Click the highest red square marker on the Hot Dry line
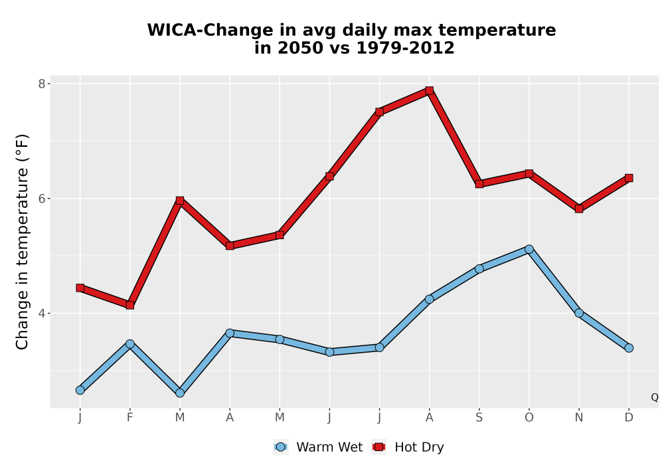tap(430, 90)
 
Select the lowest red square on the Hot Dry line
tap(130, 305)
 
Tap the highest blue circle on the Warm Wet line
tap(529, 249)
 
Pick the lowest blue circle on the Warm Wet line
tap(180, 393)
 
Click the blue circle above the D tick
tap(629, 347)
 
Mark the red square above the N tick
tap(579, 209)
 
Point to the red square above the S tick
tap(479, 184)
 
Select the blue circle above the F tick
tap(130, 344)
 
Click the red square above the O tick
tap(529, 173)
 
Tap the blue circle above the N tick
tap(579, 313)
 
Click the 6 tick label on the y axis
tap(42, 198)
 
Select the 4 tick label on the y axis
tap(42, 313)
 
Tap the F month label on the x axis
tap(130, 418)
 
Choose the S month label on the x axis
tap(479, 418)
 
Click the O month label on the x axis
tap(529, 418)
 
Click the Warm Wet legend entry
tap(318, 447)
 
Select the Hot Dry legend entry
tap(408, 447)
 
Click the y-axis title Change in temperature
tap(22, 242)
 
